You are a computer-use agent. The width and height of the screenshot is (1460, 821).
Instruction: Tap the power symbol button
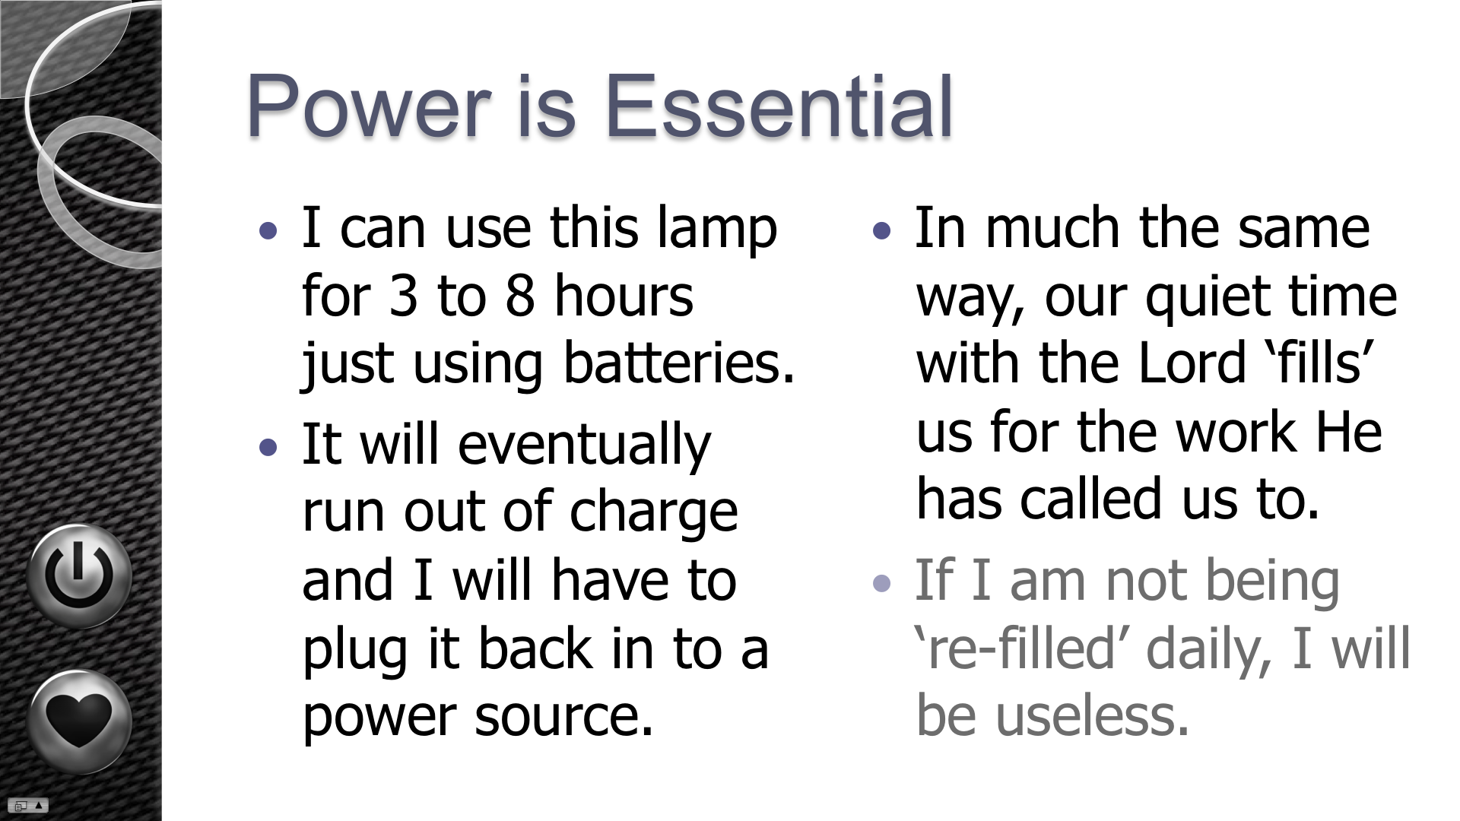click(x=79, y=575)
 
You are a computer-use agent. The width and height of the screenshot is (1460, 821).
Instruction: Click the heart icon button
click(x=79, y=721)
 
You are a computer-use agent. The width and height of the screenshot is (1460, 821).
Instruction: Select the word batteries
click(x=679, y=363)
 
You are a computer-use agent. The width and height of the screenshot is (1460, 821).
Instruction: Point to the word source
click(x=563, y=717)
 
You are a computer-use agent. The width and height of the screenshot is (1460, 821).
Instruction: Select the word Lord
click(x=1192, y=363)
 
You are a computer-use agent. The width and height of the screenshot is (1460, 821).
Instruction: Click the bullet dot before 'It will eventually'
click(x=268, y=447)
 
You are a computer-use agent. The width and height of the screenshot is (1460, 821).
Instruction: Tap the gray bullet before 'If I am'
click(x=881, y=583)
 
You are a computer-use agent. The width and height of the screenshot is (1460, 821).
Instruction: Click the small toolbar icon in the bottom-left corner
click(x=28, y=806)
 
